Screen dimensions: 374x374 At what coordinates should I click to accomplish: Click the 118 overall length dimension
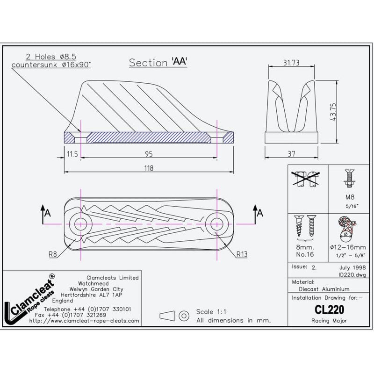(x=148, y=167)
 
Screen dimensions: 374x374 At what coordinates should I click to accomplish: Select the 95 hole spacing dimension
(x=148, y=152)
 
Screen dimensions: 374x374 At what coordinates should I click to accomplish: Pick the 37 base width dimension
(x=292, y=152)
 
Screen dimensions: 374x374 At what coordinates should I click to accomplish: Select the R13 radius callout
(x=242, y=255)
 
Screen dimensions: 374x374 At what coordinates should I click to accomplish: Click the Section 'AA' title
(x=158, y=63)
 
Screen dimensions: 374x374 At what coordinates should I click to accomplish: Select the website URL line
(x=84, y=321)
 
